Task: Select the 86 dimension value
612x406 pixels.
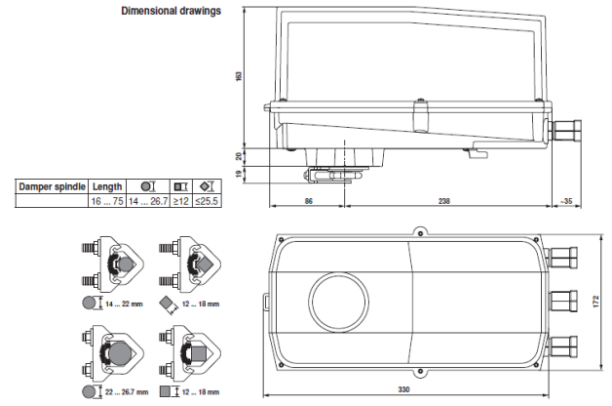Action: coord(308,200)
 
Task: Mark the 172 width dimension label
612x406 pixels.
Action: coord(597,303)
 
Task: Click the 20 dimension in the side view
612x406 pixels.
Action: coord(239,154)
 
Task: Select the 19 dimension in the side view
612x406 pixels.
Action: coord(239,174)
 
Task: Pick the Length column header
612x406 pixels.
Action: coord(107,186)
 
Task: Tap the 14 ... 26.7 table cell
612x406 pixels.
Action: coord(148,201)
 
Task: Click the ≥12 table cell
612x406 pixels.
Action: coord(179,201)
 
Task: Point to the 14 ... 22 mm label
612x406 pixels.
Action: coord(122,304)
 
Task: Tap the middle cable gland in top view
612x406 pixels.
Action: coord(563,301)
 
